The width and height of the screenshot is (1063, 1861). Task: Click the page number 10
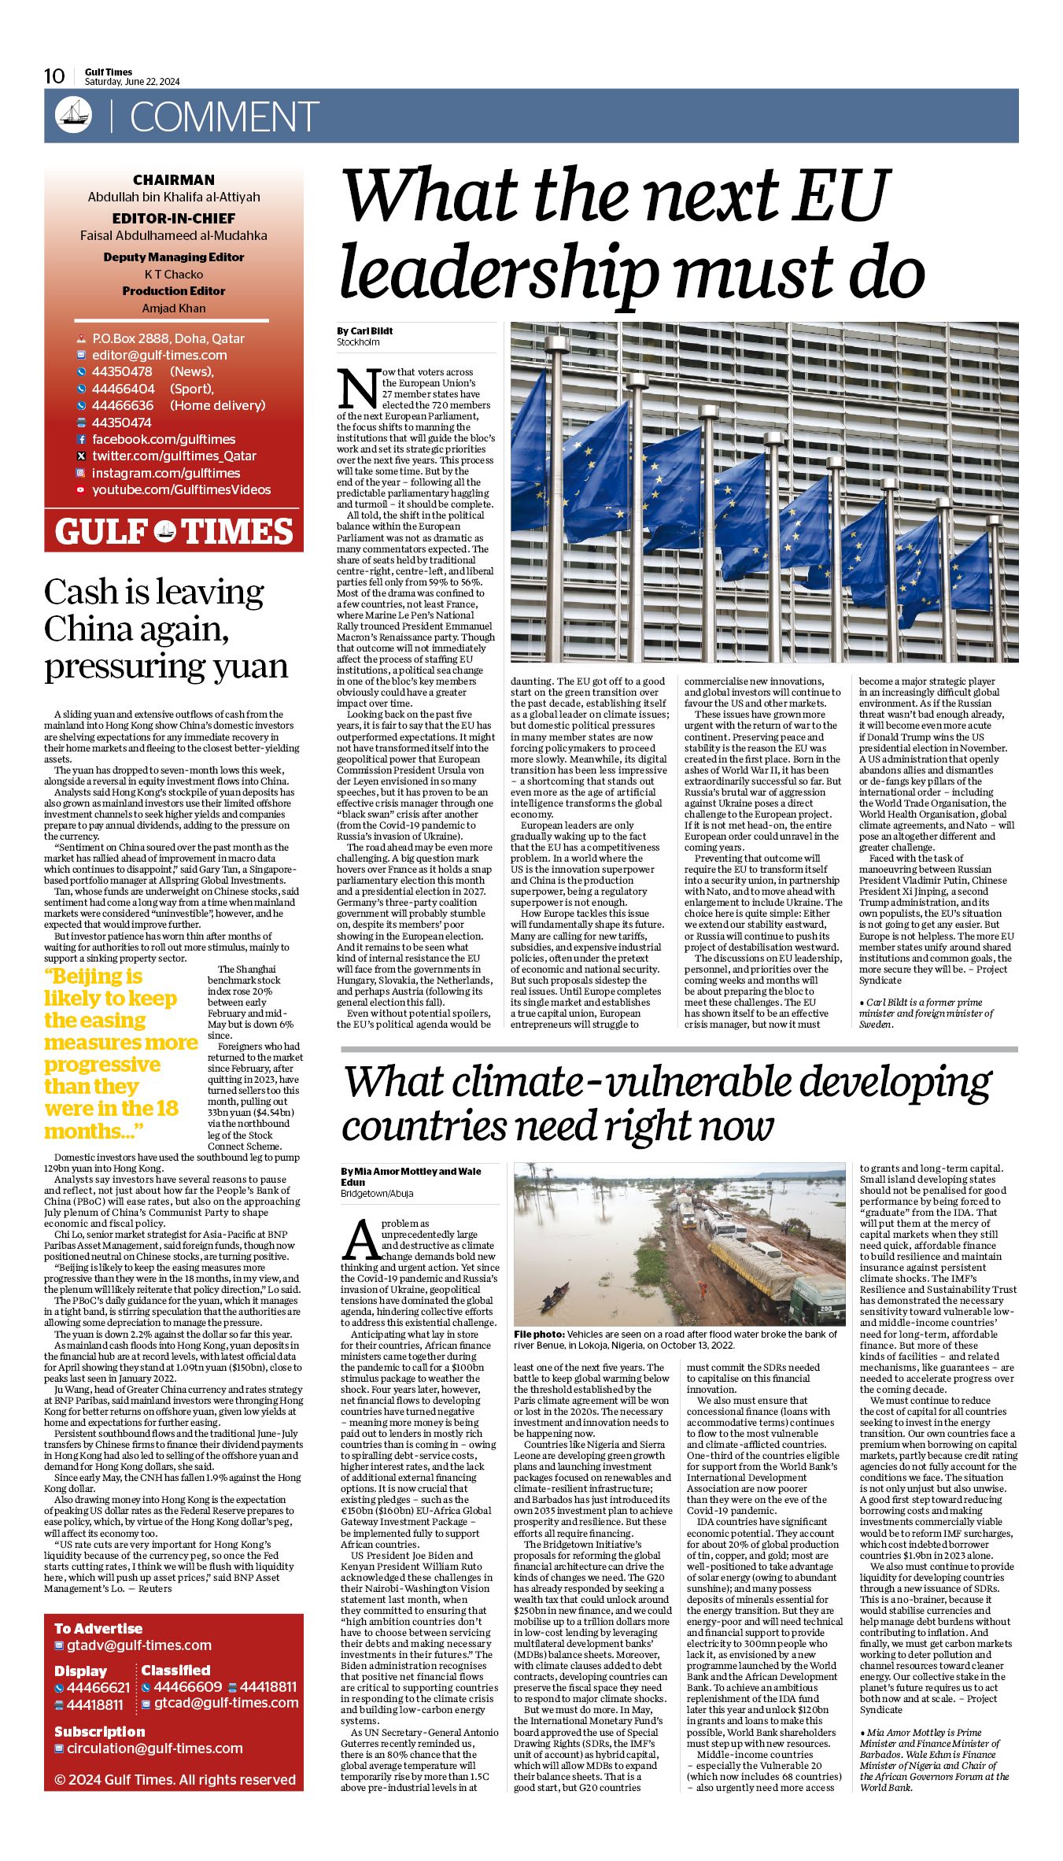click(x=54, y=76)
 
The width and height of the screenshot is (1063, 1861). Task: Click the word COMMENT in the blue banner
click(x=224, y=117)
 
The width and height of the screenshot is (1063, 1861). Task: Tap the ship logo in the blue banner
click(x=73, y=116)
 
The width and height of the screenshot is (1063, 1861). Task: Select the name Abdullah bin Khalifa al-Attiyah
click(x=174, y=197)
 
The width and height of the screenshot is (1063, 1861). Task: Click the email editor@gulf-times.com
click(x=159, y=355)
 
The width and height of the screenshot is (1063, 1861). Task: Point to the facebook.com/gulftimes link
click(x=164, y=439)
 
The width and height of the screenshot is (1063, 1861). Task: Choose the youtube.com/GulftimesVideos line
click(x=181, y=489)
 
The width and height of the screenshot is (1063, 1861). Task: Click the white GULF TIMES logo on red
click(x=174, y=532)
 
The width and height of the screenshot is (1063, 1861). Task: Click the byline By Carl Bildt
click(x=365, y=331)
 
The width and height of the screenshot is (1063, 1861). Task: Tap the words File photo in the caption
click(x=539, y=1335)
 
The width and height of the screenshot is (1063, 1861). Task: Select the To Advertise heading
click(x=98, y=1628)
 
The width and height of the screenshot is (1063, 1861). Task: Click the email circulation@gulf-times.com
click(x=154, y=1748)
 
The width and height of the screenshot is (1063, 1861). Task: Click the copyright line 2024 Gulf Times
click(x=174, y=1779)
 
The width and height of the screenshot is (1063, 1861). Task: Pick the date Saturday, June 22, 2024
click(x=132, y=82)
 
